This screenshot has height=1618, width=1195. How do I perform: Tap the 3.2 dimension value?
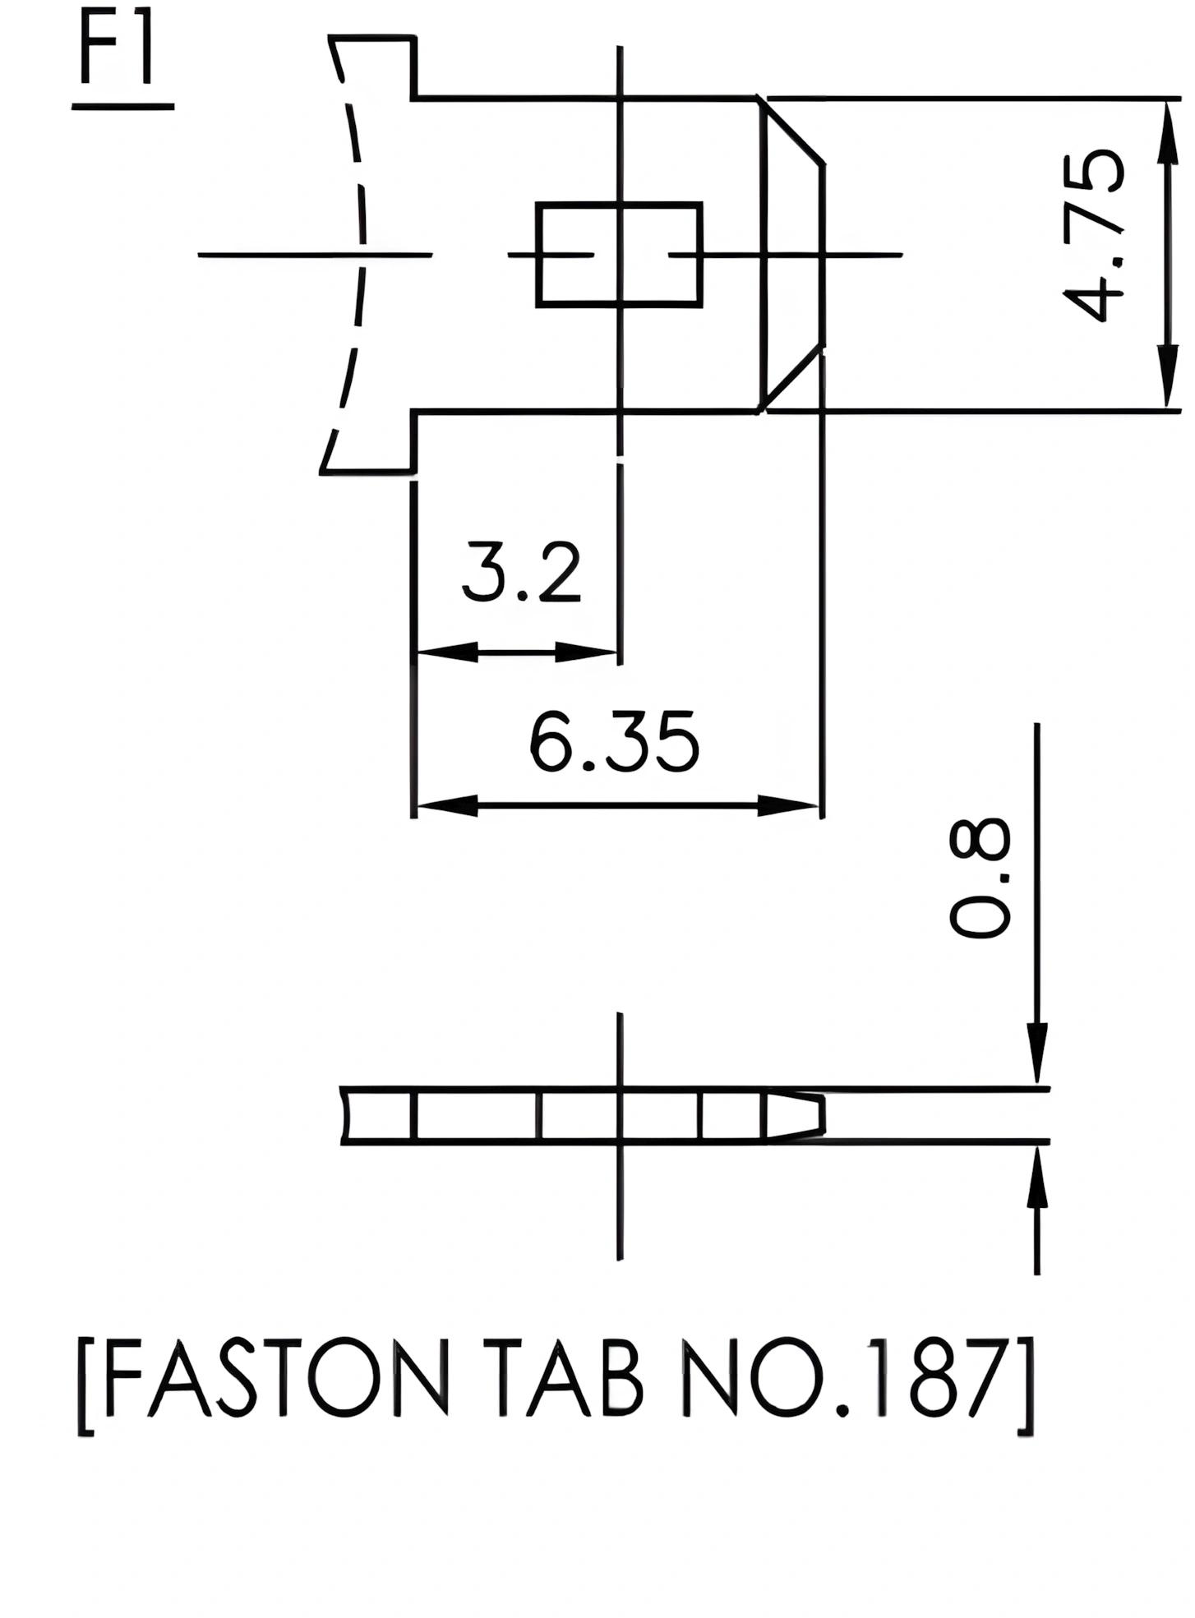[x=521, y=571]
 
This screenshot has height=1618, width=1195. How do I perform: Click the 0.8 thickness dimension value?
[x=979, y=877]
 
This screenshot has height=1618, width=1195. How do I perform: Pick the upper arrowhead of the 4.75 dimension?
[x=1166, y=131]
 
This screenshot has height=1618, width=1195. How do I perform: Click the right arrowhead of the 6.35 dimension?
[x=787, y=805]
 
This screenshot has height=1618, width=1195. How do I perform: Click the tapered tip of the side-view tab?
[x=796, y=1115]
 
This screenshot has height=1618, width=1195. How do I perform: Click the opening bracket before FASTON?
[x=86, y=1389]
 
